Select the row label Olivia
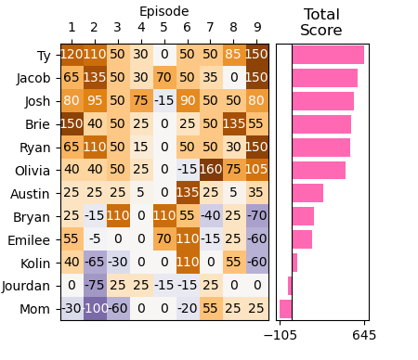click(x=33, y=171)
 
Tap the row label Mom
click(x=36, y=309)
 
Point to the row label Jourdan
click(x=27, y=286)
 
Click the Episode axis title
click(x=163, y=11)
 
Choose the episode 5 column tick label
click(x=164, y=28)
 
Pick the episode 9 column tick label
click(x=257, y=28)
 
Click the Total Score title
click(x=321, y=22)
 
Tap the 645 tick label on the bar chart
click(x=364, y=335)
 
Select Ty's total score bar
click(x=327, y=55)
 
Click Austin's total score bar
click(x=307, y=193)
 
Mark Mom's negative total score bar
click(x=286, y=309)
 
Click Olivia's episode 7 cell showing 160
click(x=211, y=171)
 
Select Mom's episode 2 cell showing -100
click(x=95, y=309)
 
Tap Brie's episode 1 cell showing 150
click(x=72, y=124)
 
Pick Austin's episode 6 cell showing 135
click(x=188, y=193)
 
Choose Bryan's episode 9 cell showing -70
click(x=257, y=216)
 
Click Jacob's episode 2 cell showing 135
click(x=95, y=78)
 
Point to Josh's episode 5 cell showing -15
click(x=164, y=101)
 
